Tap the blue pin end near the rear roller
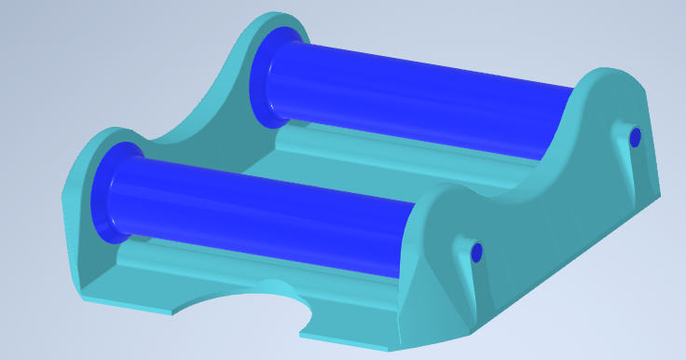(x=636, y=138)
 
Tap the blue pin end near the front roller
(x=476, y=252)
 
